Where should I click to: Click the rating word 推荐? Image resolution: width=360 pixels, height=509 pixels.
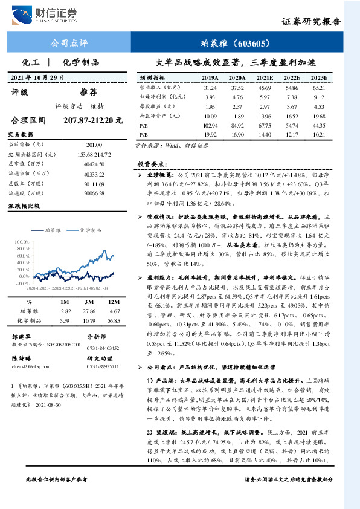pos(88,92)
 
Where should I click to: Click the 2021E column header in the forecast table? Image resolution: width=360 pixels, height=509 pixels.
pos(265,78)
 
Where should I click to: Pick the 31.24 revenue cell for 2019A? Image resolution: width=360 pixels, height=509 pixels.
pos(210,88)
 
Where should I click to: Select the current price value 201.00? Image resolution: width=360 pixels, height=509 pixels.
pos(94,145)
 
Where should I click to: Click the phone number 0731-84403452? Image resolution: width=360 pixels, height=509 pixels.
pos(103,348)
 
